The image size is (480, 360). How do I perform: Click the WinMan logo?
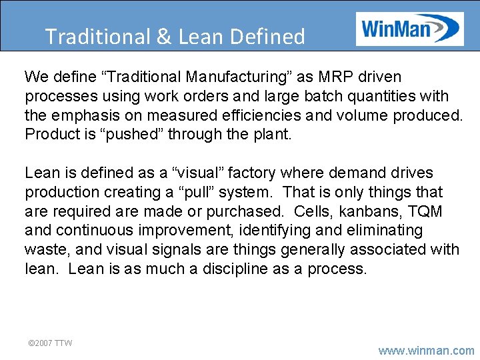[409, 29]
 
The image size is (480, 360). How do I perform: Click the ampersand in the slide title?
[164, 37]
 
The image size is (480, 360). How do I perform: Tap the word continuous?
[94, 230]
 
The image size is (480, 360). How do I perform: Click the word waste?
[45, 249]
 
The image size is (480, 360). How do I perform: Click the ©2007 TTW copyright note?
[49, 343]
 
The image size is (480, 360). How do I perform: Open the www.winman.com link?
[427, 350]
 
